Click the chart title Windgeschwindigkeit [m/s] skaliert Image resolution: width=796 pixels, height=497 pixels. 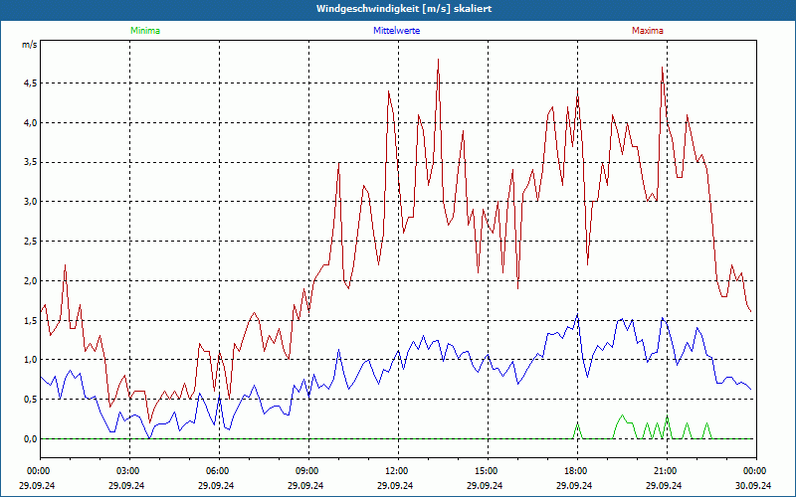398,8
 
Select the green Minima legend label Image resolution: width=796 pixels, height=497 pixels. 144,31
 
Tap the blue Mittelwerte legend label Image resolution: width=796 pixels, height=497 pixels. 397,31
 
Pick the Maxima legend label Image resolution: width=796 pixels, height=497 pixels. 647,31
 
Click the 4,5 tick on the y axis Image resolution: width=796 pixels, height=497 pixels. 30,83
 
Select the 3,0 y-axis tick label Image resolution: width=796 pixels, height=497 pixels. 30,202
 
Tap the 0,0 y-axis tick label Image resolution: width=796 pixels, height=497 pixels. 30,438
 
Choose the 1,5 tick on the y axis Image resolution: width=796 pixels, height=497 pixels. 30,320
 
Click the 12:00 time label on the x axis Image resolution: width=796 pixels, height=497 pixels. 397,470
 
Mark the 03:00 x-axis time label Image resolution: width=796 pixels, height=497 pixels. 129,470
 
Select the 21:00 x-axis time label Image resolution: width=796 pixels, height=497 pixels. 666,470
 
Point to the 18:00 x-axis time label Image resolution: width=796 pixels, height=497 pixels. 576,470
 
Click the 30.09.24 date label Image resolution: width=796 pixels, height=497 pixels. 755,485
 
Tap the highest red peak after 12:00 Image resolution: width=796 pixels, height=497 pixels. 438,61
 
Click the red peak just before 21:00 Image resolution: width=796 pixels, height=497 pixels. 662,69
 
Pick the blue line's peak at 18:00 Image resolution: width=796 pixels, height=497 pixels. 577,317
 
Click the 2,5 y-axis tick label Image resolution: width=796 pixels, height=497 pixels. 30,242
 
